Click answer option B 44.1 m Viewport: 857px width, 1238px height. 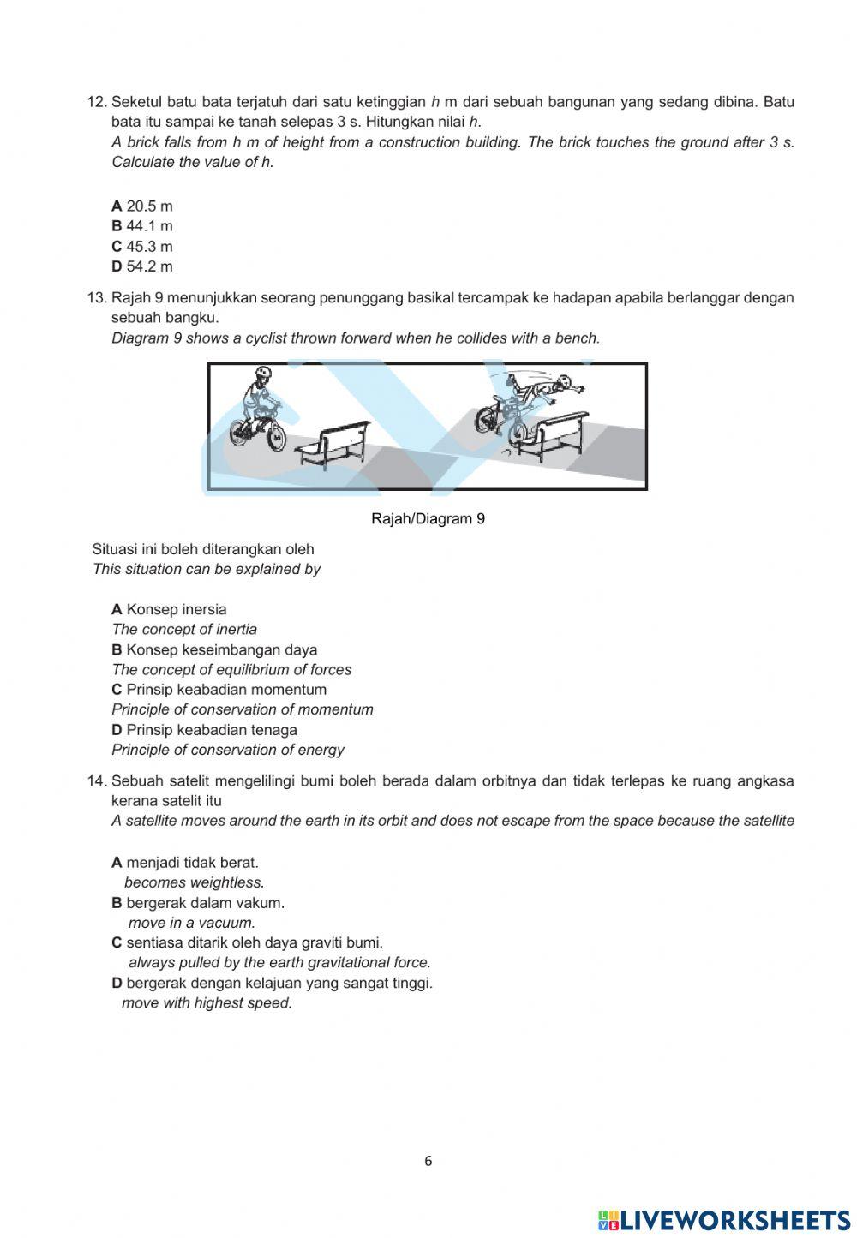click(142, 226)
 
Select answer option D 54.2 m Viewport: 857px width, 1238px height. click(142, 266)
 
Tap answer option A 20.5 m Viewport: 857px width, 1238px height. click(142, 206)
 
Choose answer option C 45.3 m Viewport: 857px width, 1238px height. click(142, 247)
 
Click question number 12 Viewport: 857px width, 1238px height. click(96, 102)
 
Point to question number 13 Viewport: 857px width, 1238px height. click(96, 298)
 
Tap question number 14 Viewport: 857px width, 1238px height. click(96, 781)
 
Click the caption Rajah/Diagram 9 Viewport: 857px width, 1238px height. click(428, 518)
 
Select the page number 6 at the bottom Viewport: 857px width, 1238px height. click(428, 1162)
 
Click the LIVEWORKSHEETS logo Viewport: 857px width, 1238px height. click(724, 1220)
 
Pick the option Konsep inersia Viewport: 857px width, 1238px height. click(170, 610)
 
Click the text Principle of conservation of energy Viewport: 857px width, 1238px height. click(228, 750)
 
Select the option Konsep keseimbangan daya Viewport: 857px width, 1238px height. click(214, 650)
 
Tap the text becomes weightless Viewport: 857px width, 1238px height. click(195, 882)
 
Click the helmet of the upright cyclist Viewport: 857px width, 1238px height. click(262, 374)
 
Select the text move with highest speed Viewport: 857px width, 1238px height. click(207, 1003)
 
